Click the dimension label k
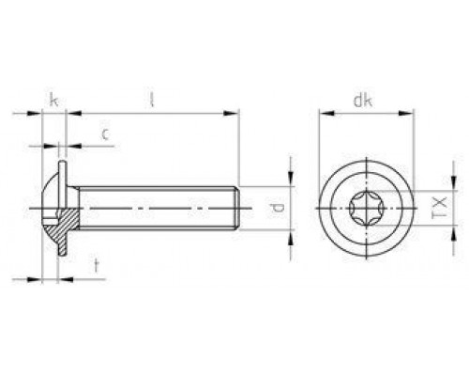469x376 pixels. (53, 97)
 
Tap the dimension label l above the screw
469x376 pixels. (150, 97)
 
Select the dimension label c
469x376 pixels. (106, 135)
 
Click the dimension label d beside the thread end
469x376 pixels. (274, 207)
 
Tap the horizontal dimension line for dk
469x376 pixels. (367, 114)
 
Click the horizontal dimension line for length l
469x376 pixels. (150, 114)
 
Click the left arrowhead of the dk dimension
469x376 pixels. (324, 114)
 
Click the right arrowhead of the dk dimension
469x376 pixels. (410, 114)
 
